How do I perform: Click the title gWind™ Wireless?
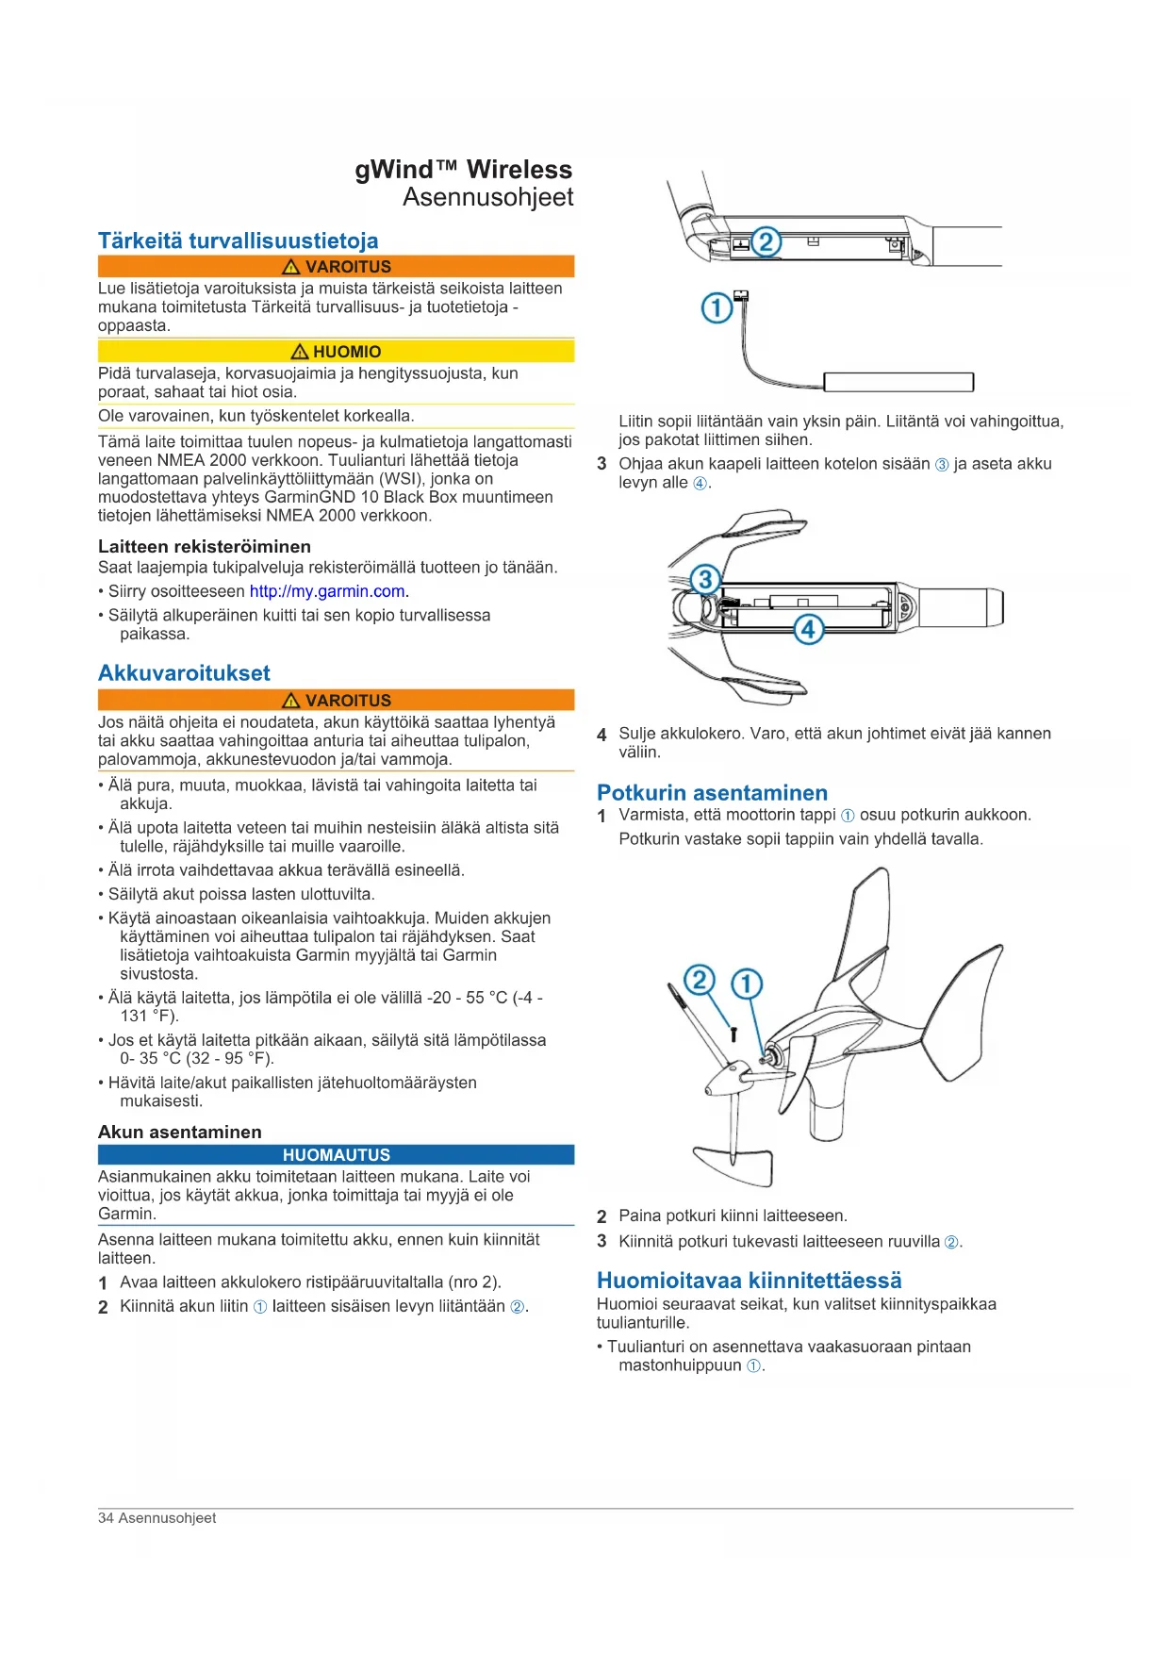(x=464, y=170)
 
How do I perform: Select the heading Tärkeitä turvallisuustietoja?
(x=239, y=240)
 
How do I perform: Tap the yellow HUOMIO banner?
(x=336, y=352)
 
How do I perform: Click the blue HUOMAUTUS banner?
(x=336, y=1155)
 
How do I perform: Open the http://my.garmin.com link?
(x=327, y=592)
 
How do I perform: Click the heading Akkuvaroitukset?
(x=184, y=673)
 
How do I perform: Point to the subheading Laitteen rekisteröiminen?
(x=205, y=547)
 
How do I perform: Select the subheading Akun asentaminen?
(x=180, y=1133)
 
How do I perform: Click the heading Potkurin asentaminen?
(x=712, y=793)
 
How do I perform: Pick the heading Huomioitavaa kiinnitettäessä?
(x=749, y=1281)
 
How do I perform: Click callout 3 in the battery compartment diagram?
(x=705, y=579)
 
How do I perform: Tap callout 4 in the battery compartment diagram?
(x=808, y=629)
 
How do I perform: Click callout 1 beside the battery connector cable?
(x=717, y=308)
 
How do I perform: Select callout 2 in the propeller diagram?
(x=699, y=981)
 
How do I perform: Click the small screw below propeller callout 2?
(x=733, y=1034)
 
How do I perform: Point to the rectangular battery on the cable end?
(x=898, y=382)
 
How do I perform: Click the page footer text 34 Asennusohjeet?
(x=157, y=1518)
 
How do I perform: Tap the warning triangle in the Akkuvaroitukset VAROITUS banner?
(x=290, y=701)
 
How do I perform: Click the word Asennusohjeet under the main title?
(x=488, y=198)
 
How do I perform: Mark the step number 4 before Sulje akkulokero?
(x=601, y=735)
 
